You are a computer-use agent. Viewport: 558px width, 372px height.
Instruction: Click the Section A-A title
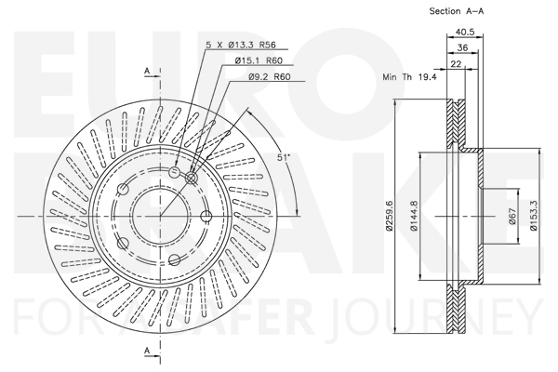(x=457, y=11)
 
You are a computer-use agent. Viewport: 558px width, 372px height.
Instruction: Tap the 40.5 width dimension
(x=465, y=32)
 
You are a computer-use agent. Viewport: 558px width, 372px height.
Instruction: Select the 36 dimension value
(x=462, y=47)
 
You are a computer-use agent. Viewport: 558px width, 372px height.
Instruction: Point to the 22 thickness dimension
(x=456, y=64)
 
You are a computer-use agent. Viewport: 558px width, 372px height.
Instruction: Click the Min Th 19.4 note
(x=409, y=76)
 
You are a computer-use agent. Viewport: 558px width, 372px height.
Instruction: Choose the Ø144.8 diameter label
(x=414, y=216)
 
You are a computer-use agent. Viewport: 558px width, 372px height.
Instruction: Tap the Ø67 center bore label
(x=512, y=216)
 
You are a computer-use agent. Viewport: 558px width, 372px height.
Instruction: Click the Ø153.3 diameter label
(x=534, y=216)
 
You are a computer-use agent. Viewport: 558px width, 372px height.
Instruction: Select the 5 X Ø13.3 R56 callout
(x=241, y=45)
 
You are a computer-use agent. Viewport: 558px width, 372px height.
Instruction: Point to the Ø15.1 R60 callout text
(x=259, y=60)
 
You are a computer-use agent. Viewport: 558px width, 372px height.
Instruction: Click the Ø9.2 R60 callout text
(x=270, y=76)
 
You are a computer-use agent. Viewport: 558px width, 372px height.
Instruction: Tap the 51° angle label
(x=285, y=157)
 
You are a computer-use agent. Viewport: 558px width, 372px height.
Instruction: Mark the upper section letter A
(x=147, y=72)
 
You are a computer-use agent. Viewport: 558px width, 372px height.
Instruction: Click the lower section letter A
(x=147, y=351)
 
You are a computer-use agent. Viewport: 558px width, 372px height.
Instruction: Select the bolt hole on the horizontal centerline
(x=206, y=216)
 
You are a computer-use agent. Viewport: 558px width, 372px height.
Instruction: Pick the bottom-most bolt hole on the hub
(x=174, y=259)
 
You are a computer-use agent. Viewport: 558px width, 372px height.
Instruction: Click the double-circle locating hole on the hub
(x=191, y=178)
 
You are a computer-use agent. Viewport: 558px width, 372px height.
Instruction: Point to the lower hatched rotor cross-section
(x=456, y=308)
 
